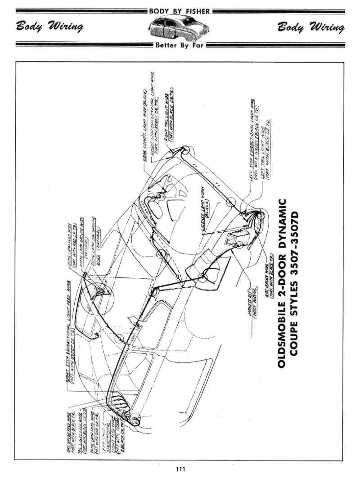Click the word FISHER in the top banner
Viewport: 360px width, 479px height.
click(x=197, y=11)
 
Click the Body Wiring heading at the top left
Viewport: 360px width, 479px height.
click(x=50, y=28)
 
